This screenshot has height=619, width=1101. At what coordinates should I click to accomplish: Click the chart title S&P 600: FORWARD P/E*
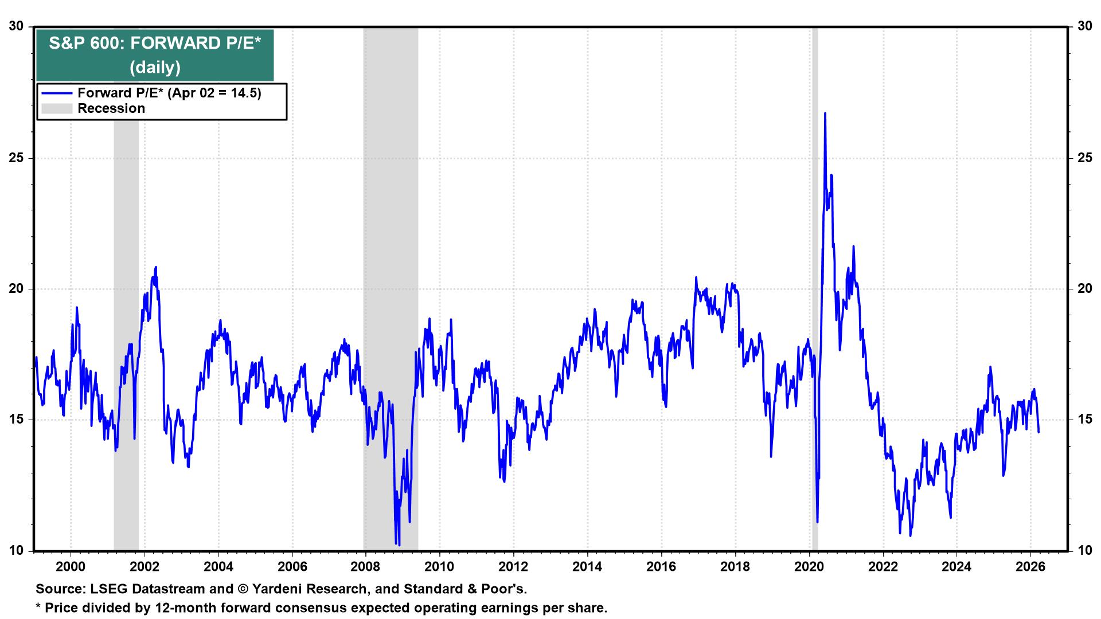coord(155,44)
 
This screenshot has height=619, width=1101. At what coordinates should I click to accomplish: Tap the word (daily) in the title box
coord(155,68)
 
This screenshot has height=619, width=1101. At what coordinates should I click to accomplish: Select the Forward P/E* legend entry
coord(169,93)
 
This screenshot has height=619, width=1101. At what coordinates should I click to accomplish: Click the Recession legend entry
coord(111,108)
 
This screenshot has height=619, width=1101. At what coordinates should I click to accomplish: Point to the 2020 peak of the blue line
coord(825,113)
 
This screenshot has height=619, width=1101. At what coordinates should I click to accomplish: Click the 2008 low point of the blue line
coord(399,544)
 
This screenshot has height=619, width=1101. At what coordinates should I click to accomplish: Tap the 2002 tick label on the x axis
coord(145,567)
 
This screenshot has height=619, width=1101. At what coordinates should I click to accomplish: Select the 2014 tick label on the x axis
coord(588,567)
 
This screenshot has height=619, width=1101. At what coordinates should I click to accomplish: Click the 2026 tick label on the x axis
coord(1030,567)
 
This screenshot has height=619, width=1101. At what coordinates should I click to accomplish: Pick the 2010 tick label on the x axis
coord(440,567)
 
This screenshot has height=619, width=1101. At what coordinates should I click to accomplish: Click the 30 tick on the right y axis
coord(1084,26)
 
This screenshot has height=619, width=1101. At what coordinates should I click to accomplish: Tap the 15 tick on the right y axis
coord(1084,420)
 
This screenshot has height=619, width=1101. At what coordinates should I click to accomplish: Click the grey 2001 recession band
coord(126,344)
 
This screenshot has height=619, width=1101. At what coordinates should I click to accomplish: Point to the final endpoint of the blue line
coord(1038,432)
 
